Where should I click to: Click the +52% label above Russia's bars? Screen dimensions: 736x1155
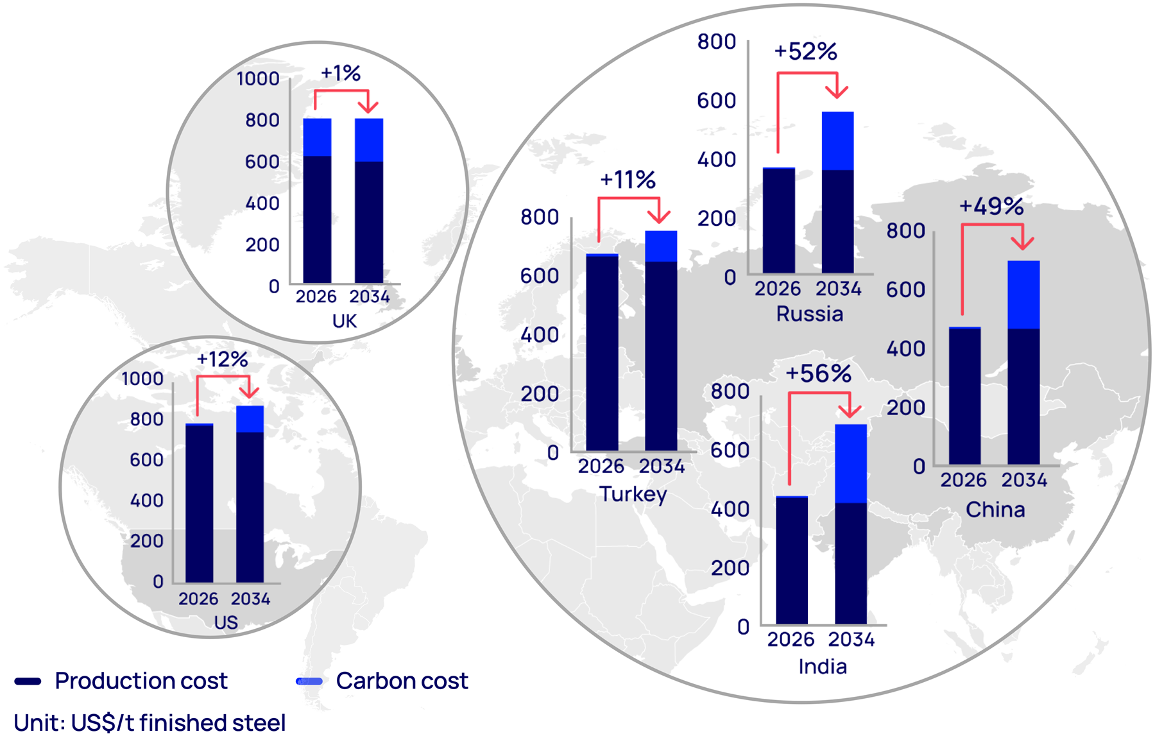805,51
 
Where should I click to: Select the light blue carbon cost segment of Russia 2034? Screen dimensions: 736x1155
837,141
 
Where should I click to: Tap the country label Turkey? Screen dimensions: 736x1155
633,494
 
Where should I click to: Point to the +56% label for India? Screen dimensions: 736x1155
818,373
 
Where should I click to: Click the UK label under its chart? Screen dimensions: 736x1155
344,321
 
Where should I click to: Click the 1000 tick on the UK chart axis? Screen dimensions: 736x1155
258,79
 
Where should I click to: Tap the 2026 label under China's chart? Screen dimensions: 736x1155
963,480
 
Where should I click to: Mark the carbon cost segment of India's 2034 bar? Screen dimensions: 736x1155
851,463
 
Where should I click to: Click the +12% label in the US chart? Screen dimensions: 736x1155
222,359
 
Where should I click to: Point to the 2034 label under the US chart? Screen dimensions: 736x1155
250,599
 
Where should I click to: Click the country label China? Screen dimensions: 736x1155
995,509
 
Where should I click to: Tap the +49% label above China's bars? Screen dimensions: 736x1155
991,207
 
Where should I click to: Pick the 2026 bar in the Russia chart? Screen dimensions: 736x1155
778,221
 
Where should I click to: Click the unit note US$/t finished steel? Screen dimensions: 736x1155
150,723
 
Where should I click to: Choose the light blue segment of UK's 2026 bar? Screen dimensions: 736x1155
317,137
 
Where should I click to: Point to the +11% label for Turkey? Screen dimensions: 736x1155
628,180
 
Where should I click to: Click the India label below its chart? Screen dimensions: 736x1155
823,667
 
